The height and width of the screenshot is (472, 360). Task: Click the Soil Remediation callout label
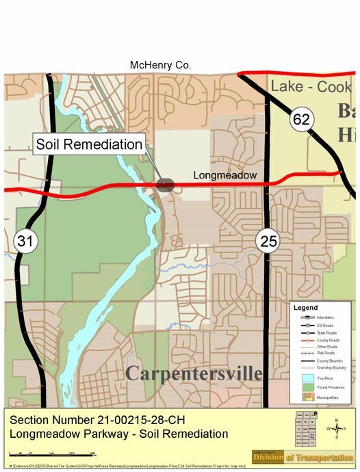pyautogui.click(x=89, y=145)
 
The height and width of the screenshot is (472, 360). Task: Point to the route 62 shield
pyautogui.click(x=300, y=119)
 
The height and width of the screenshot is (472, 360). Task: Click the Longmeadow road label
pyautogui.click(x=224, y=176)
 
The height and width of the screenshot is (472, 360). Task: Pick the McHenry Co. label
pyautogui.click(x=161, y=65)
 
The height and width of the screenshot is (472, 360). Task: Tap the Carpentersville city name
pyautogui.click(x=194, y=373)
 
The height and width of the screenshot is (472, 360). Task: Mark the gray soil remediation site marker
pyautogui.click(x=166, y=184)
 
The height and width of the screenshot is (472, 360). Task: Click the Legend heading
pyautogui.click(x=305, y=308)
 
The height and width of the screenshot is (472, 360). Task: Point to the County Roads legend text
pyautogui.click(x=329, y=340)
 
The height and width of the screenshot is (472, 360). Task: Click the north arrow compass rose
pyautogui.click(x=335, y=428)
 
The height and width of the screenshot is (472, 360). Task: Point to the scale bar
pyautogui.click(x=51, y=454)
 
